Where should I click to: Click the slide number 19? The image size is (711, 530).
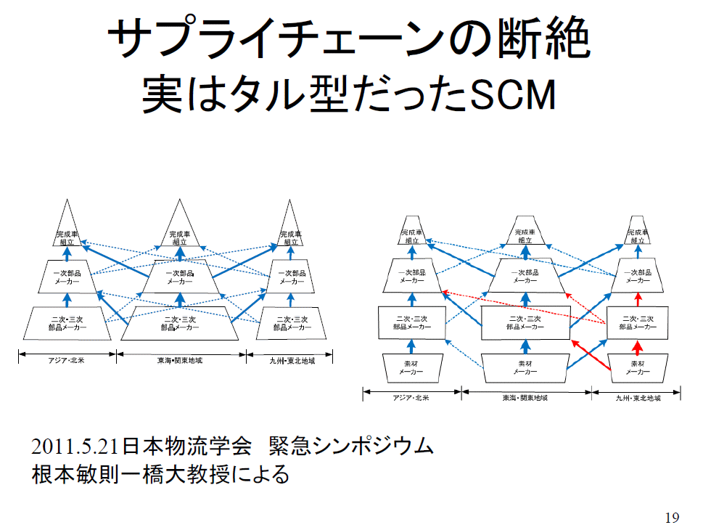[672, 518]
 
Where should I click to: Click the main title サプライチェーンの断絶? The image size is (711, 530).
[348, 39]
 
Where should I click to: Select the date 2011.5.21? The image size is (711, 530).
[75, 445]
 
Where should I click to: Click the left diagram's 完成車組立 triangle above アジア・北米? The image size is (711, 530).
[66, 231]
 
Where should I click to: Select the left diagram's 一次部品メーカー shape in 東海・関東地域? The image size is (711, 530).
[180, 277]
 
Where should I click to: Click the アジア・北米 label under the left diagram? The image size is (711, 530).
[66, 361]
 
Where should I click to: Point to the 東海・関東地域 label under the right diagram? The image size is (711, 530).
[525, 398]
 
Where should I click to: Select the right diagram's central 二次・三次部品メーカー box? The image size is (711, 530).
[525, 322]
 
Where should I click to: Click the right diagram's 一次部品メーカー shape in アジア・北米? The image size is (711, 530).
[411, 276]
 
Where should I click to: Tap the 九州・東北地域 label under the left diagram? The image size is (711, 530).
[290, 361]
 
